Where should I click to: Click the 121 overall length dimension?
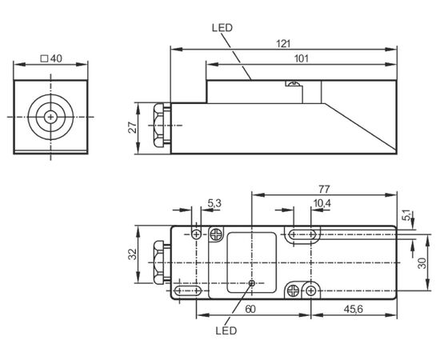tap(283, 44)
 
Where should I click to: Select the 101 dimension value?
tap(302, 59)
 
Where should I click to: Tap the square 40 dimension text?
tap(51, 58)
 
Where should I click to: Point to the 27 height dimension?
tap(133, 128)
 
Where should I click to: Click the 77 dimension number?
tap(324, 190)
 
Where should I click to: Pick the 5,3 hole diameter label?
tap(214, 203)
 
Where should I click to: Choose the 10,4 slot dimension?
tap(322, 203)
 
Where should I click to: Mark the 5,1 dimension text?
tap(406, 215)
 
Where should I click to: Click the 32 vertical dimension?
tap(133, 254)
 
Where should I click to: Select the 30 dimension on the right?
tap(422, 263)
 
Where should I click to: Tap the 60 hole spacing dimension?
tap(250, 310)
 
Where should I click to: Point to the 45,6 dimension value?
tap(354, 310)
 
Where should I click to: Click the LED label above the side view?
tap(222, 28)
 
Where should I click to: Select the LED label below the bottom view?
tap(226, 330)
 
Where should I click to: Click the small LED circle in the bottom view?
tap(252, 283)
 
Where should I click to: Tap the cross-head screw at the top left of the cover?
tap(216, 234)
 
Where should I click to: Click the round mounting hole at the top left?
tap(197, 234)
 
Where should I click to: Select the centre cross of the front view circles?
tap(50, 117)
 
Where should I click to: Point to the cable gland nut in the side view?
tap(159, 125)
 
